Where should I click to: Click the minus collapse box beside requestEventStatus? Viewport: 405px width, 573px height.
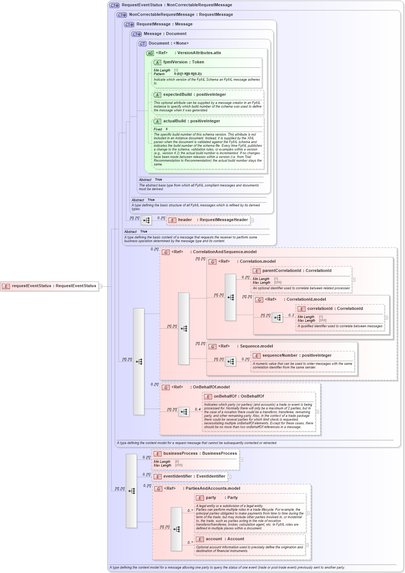click(x=100, y=286)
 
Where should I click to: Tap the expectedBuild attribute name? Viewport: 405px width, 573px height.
click(x=177, y=95)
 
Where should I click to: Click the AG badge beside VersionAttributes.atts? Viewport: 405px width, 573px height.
click(x=150, y=53)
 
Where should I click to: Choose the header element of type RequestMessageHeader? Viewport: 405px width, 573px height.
click(x=185, y=220)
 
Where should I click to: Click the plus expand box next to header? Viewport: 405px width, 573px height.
click(x=252, y=220)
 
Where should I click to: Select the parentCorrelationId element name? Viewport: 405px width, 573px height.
click(x=281, y=271)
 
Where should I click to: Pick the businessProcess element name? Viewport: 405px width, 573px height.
click(x=180, y=454)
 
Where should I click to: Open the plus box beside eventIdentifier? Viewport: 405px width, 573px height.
click(x=229, y=477)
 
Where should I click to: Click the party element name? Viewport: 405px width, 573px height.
click(x=211, y=498)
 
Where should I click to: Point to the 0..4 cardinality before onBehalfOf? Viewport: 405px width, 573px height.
click(x=198, y=409)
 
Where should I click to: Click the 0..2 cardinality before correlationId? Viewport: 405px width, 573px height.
click(x=291, y=315)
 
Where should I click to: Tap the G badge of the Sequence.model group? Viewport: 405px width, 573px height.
click(x=212, y=346)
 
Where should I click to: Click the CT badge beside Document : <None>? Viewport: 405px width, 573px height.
click(x=142, y=43)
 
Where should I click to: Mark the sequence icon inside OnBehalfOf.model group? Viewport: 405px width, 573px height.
click(x=184, y=412)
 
